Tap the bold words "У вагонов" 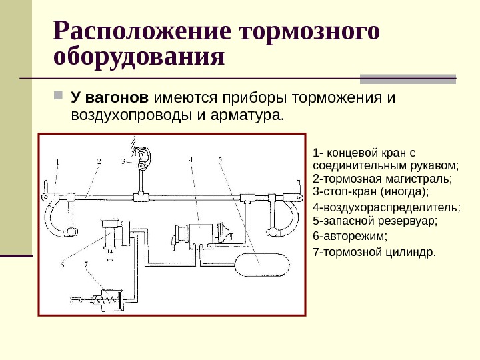click(109, 99)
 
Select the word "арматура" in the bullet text click(246, 116)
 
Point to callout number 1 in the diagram click(58, 161)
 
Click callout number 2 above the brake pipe click(98, 161)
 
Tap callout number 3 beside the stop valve click(123, 161)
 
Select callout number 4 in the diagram click(191, 160)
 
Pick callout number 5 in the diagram click(221, 159)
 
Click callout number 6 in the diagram click(61, 265)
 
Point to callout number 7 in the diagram click(85, 265)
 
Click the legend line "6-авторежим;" click(341, 236)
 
